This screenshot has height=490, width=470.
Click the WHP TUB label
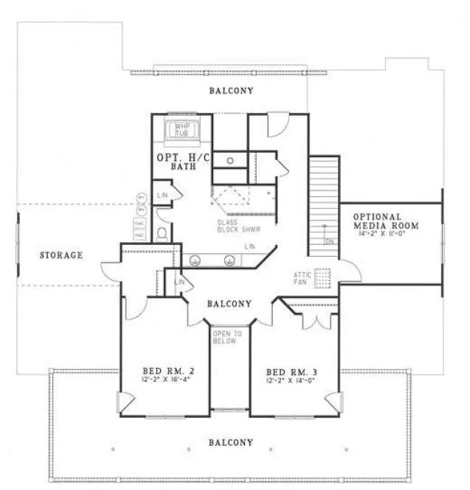(x=183, y=130)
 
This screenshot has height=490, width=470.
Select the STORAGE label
(x=61, y=255)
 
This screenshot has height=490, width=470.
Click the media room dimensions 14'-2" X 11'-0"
(x=386, y=233)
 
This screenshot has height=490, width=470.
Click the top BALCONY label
(x=231, y=91)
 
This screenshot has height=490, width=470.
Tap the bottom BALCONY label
(x=231, y=442)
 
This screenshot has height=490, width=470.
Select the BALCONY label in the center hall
(x=229, y=303)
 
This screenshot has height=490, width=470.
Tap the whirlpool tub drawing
(x=183, y=131)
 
